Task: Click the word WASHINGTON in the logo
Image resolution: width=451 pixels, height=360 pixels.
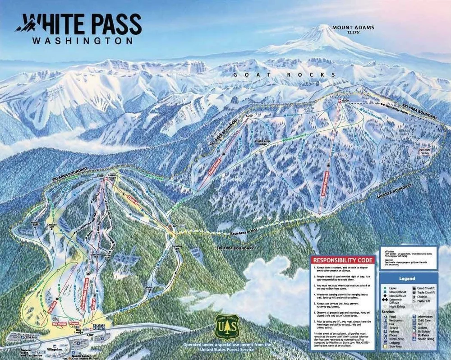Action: pyautogui.click(x=82, y=40)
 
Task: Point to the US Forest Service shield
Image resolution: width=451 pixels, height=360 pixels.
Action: pyautogui.click(x=227, y=326)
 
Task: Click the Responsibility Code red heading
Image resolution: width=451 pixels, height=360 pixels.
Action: pyautogui.click(x=343, y=260)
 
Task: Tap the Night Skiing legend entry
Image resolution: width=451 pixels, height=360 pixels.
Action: pyautogui.click(x=397, y=306)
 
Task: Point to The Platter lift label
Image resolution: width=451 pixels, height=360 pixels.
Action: pyautogui.click(x=59, y=324)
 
